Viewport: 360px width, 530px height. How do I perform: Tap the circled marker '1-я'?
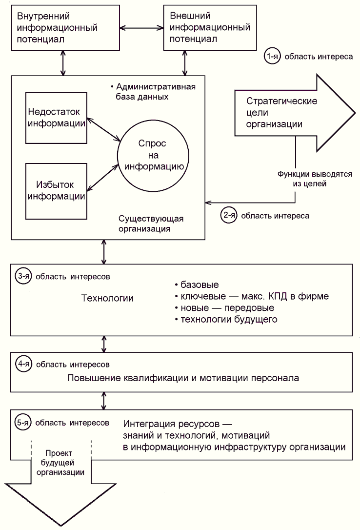(x=272, y=57)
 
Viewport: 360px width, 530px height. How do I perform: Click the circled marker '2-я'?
(x=228, y=215)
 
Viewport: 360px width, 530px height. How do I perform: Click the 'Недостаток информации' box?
(x=56, y=117)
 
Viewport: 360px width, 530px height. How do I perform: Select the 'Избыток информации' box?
(x=56, y=190)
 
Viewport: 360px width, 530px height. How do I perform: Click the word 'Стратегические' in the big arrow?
(x=282, y=102)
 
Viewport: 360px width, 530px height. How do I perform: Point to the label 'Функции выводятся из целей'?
(x=315, y=179)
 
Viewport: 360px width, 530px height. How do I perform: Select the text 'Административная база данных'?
(x=152, y=92)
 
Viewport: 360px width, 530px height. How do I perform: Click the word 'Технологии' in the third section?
(x=107, y=298)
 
